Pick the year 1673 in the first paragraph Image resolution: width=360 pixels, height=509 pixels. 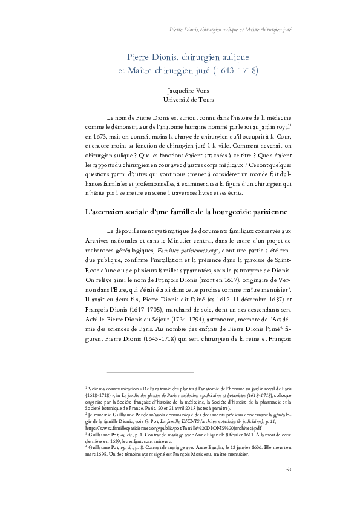[99, 138]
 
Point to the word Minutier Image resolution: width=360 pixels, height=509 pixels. [172, 240]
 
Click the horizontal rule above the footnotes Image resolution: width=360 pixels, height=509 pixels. [150, 371]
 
